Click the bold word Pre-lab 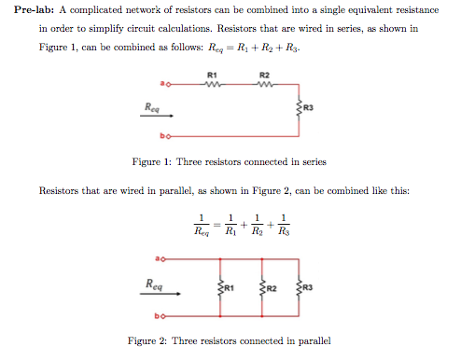35,8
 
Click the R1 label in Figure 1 212,74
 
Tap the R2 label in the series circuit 264,74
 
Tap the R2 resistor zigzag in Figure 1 264,86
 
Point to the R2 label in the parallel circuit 272,287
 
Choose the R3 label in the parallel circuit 309,287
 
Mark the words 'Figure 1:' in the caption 150,161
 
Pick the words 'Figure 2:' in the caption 146,339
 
